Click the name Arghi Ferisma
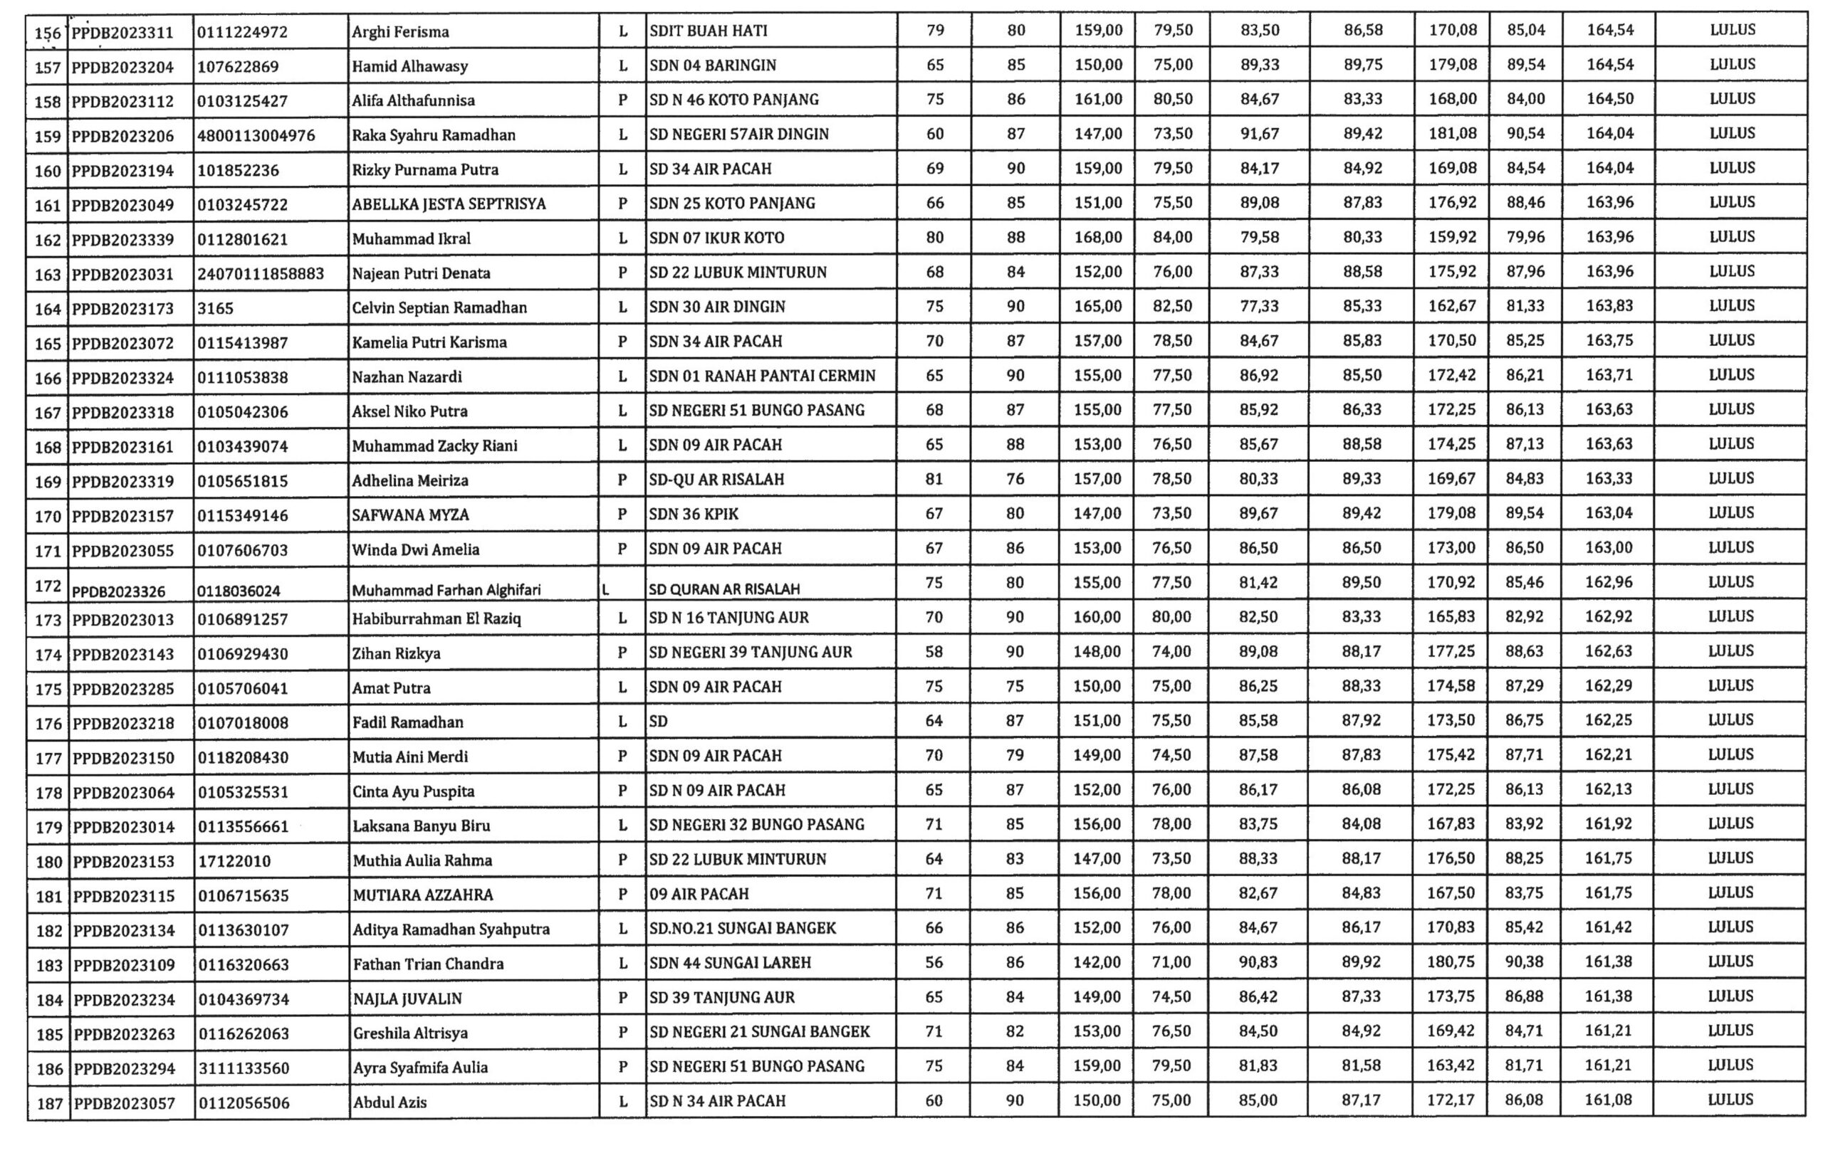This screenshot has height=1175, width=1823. [x=400, y=32]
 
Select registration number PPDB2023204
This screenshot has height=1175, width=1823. [x=122, y=67]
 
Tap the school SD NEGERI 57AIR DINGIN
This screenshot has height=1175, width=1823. [x=738, y=135]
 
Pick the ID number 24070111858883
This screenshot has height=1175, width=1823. [x=261, y=273]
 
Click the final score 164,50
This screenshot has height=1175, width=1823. [x=1609, y=99]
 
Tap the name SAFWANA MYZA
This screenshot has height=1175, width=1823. [x=410, y=515]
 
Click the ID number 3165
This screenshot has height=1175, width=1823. [x=215, y=308]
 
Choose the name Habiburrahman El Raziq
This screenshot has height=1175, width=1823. [x=436, y=618]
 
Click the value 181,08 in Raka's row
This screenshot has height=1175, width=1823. [x=1452, y=134]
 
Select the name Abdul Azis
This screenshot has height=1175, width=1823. [x=390, y=1102]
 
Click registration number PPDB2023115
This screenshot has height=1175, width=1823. [x=124, y=896]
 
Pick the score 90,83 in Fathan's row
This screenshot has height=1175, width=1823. [x=1258, y=962]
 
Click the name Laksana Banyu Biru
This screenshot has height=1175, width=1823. [x=421, y=826]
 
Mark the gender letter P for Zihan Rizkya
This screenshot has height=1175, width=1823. [x=622, y=653]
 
